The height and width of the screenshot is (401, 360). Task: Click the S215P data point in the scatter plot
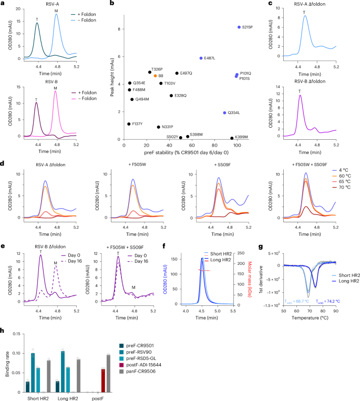239,27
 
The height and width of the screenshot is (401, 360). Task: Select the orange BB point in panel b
155,76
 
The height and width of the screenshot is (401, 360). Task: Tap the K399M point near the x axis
231,138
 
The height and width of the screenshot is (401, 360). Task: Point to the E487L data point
201,58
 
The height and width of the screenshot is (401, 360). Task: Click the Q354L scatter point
224,112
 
